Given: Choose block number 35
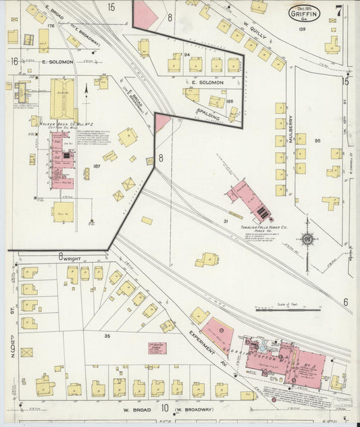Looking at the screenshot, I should tap(107, 336).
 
